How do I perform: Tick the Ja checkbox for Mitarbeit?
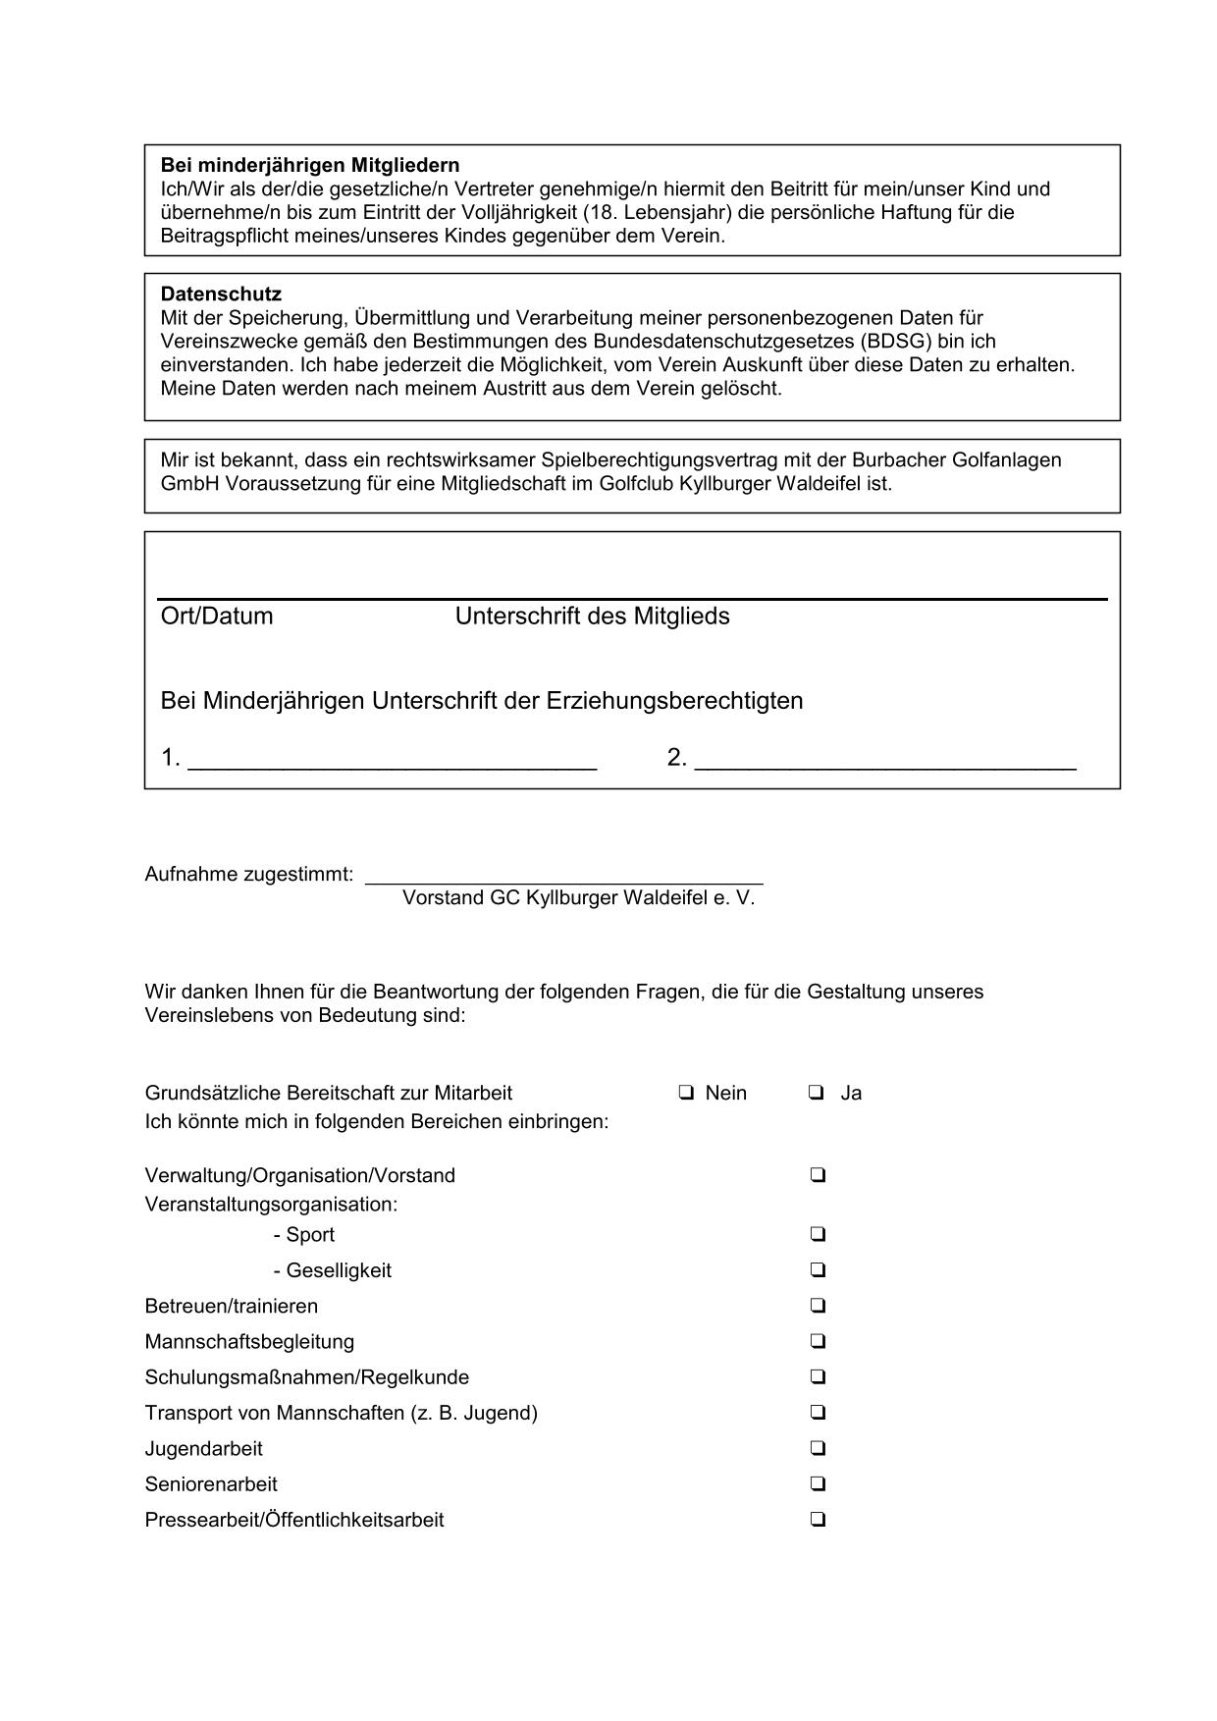(x=817, y=1092)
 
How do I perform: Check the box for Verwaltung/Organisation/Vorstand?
(x=818, y=1174)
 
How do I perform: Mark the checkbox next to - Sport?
(x=818, y=1234)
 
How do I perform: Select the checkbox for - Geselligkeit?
(x=818, y=1269)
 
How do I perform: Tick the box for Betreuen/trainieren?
(x=818, y=1305)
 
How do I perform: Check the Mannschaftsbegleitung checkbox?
(x=818, y=1341)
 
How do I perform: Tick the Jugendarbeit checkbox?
(x=818, y=1448)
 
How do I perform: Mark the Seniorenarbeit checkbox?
(x=818, y=1483)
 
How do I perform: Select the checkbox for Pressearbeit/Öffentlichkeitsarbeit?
(x=818, y=1519)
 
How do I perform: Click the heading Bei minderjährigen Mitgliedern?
(x=309, y=165)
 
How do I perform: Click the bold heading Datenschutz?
(x=221, y=294)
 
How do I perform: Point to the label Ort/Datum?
(x=216, y=617)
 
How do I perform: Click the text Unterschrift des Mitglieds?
(x=592, y=617)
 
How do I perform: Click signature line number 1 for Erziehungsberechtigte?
(x=392, y=764)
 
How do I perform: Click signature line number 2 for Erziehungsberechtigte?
(x=885, y=764)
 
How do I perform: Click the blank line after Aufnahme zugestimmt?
(x=563, y=879)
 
